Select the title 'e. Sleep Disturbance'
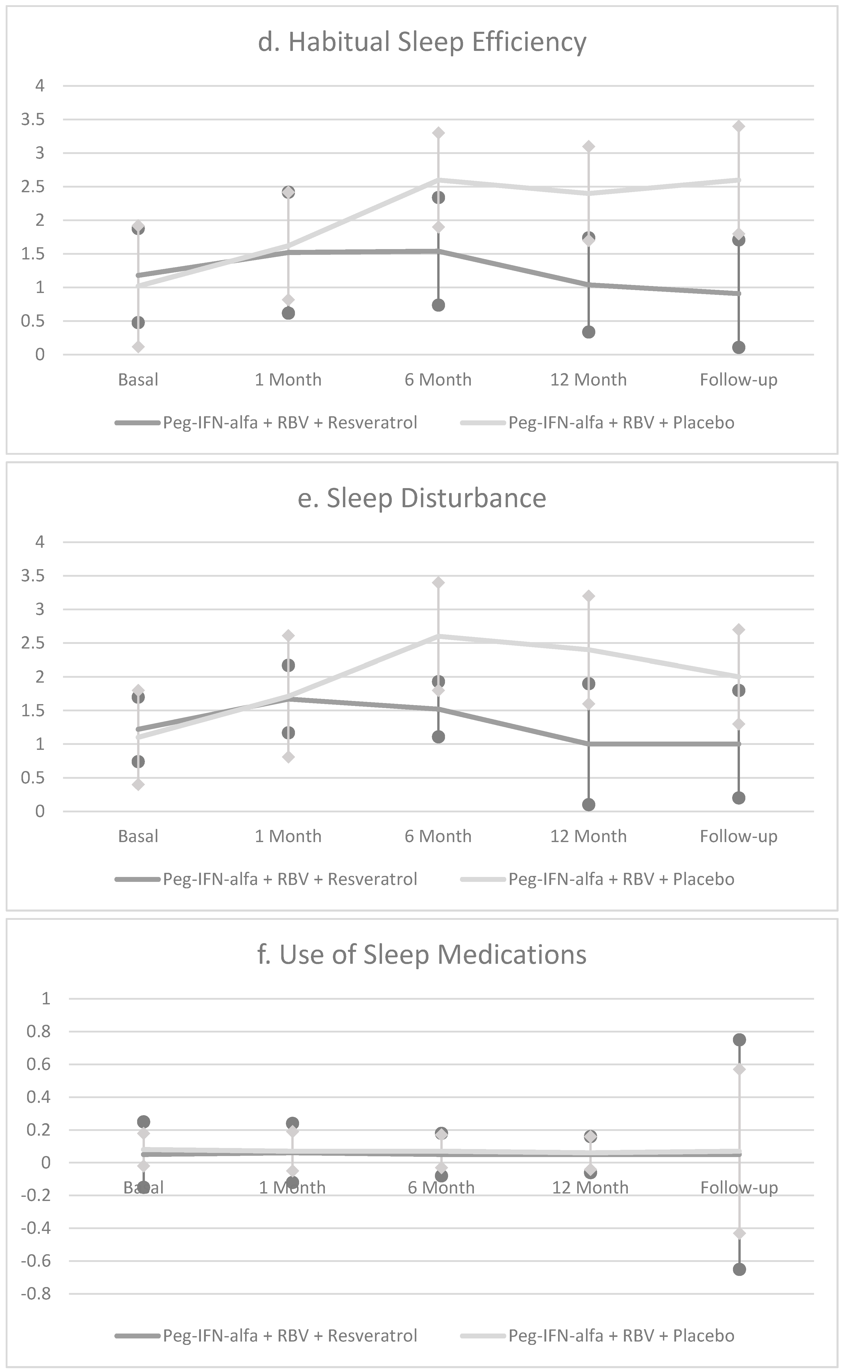click(x=422, y=498)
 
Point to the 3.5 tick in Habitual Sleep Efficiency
click(x=32, y=120)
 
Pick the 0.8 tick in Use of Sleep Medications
click(x=38, y=1031)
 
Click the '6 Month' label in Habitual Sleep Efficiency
click(x=438, y=380)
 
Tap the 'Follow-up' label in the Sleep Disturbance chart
click(x=739, y=837)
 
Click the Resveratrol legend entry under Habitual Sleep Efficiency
click(x=266, y=423)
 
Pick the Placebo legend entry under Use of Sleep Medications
click(x=597, y=1336)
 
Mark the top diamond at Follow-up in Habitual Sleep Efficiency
click(x=739, y=126)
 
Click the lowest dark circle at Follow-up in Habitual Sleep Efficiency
click(x=739, y=347)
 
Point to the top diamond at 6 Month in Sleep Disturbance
click(x=438, y=582)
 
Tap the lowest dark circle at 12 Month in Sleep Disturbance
click(x=588, y=805)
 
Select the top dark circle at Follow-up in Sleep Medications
click(x=739, y=1040)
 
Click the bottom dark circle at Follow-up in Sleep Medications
click(x=739, y=1269)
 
